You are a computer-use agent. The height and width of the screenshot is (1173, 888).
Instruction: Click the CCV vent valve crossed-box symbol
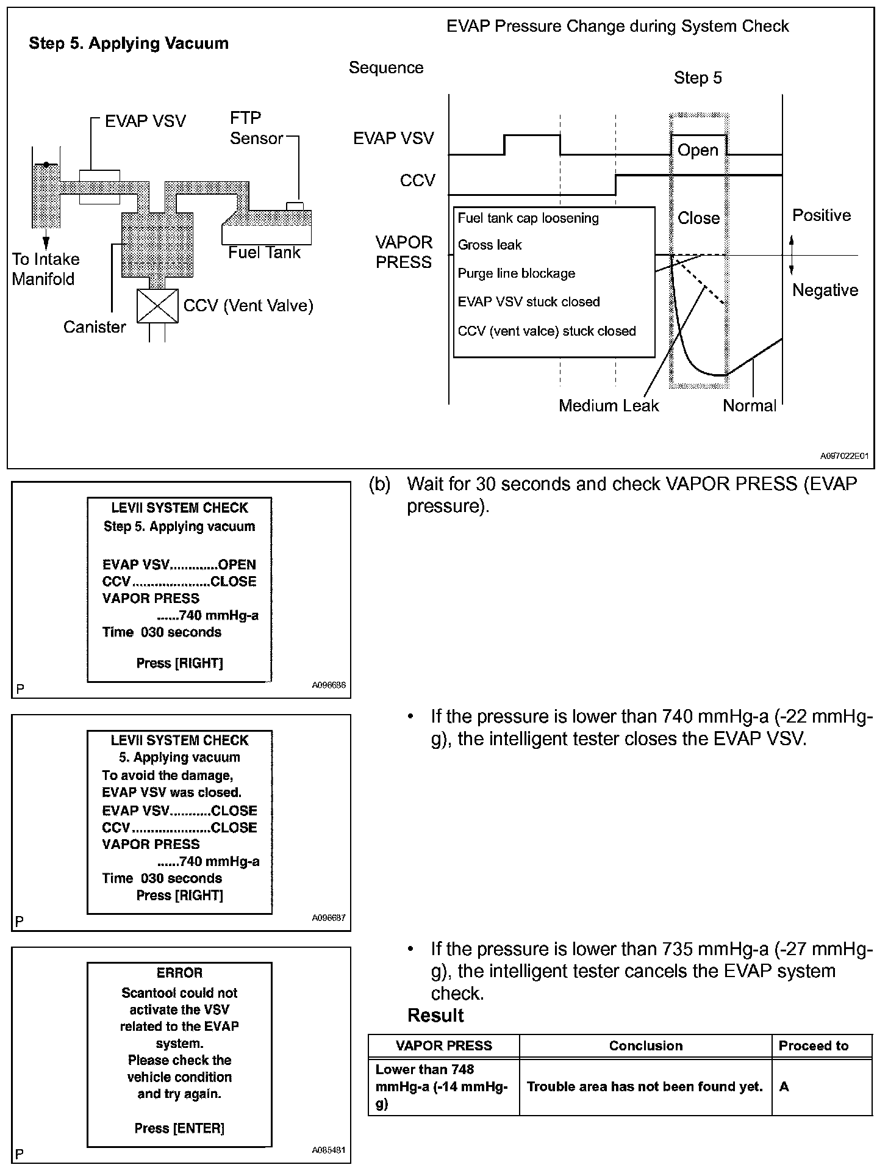[157, 306]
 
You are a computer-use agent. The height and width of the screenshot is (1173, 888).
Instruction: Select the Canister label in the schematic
[95, 327]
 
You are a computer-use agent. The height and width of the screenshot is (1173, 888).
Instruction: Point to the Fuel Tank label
[264, 253]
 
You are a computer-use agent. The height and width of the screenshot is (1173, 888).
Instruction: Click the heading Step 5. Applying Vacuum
[129, 43]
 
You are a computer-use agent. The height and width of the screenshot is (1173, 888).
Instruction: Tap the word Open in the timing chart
[698, 150]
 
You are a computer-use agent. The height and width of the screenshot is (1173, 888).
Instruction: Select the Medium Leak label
[609, 406]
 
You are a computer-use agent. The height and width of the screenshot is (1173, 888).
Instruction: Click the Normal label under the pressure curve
[750, 406]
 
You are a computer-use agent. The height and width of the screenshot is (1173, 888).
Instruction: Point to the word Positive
[821, 215]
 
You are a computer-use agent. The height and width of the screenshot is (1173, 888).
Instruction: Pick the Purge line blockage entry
[516, 273]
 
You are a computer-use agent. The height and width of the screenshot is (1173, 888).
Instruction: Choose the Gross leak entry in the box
[490, 245]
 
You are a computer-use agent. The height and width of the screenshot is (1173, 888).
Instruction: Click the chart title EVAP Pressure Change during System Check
[617, 26]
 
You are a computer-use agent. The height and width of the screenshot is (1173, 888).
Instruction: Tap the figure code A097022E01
[843, 456]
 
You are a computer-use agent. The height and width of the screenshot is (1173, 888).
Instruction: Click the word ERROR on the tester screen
[179, 973]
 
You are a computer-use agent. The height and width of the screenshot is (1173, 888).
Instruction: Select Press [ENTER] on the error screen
[179, 1128]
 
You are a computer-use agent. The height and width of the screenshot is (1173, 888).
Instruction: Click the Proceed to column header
[814, 1045]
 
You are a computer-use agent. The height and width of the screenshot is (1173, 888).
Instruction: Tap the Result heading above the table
[435, 1016]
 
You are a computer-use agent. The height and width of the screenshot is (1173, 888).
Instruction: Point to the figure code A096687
[329, 917]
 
